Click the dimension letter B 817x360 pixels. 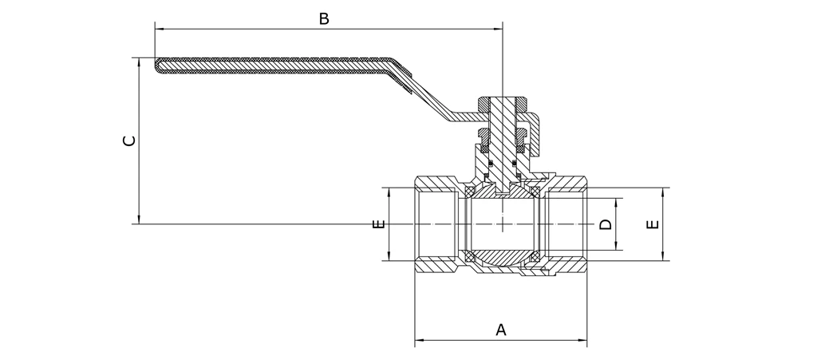(x=324, y=18)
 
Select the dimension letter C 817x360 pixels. (x=128, y=141)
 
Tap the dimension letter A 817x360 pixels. (x=501, y=329)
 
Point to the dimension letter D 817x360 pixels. (x=606, y=224)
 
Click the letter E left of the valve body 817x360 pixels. (x=378, y=224)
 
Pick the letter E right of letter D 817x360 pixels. (x=653, y=224)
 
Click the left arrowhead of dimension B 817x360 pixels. (x=158, y=30)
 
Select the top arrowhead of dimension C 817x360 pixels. (x=140, y=61)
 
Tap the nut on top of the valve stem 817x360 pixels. (x=503, y=104)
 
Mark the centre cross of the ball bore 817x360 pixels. (x=503, y=224)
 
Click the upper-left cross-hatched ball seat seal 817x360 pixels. (x=471, y=192)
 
